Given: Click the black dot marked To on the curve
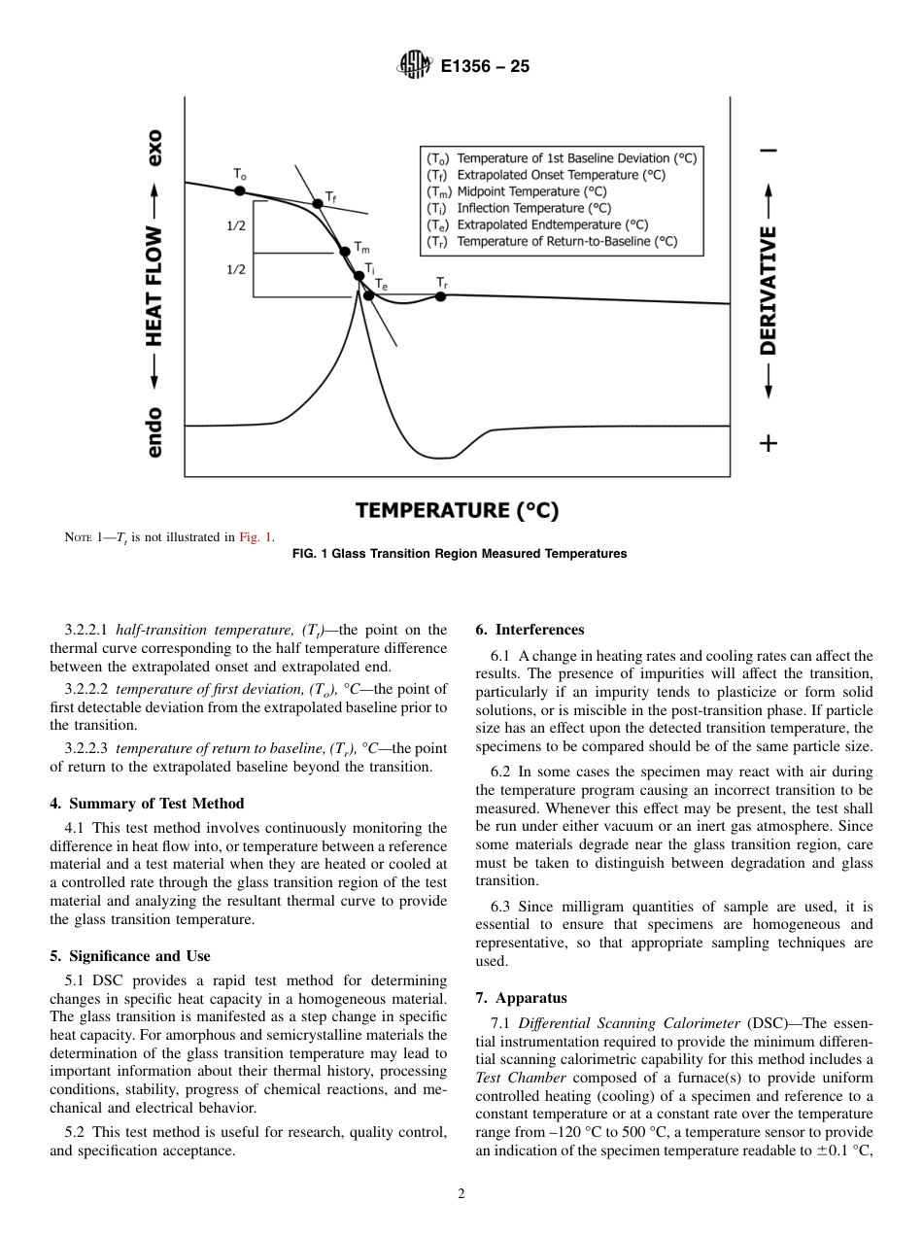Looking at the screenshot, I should click(241, 189).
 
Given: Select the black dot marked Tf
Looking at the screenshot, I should click(317, 203).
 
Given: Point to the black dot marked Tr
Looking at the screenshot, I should click(440, 295).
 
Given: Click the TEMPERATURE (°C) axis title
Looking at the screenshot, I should click(457, 510).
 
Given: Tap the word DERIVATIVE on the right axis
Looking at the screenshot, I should click(769, 292).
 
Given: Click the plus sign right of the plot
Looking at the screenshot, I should click(769, 443).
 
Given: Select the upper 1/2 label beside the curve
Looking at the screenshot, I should click(236, 225).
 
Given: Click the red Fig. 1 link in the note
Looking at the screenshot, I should click(256, 536).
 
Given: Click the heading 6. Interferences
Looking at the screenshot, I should click(530, 630).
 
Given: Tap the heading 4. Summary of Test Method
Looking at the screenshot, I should click(147, 803).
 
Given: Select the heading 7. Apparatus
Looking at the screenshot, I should click(522, 997).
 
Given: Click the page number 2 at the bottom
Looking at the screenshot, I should click(461, 1194).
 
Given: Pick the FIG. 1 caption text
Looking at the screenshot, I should click(460, 554).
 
